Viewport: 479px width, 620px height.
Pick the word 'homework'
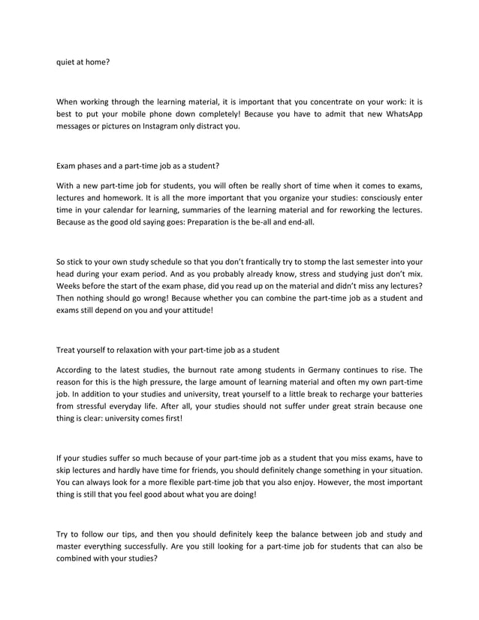click(x=120, y=197)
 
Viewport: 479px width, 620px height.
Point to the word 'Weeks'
click(x=71, y=287)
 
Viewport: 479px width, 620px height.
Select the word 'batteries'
click(x=402, y=396)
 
